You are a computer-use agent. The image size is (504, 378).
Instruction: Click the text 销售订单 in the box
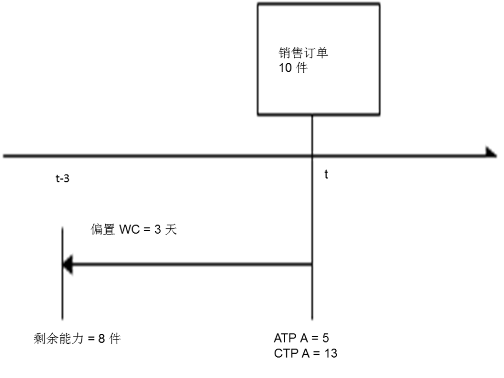[x=303, y=53]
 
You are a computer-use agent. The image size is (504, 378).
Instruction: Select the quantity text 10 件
[x=293, y=68]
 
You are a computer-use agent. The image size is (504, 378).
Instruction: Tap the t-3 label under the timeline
[x=62, y=178]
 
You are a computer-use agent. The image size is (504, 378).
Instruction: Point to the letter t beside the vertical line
[x=326, y=174]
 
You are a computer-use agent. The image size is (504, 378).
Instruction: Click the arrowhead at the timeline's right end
[x=491, y=153]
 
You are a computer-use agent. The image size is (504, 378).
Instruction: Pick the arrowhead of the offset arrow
[x=67, y=265]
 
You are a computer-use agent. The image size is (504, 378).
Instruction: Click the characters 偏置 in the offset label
[x=103, y=229]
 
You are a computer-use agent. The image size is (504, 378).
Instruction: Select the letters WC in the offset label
[x=129, y=230]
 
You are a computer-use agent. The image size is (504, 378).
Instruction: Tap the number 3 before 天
[x=158, y=230]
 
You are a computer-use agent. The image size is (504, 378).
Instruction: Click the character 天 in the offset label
[x=171, y=229]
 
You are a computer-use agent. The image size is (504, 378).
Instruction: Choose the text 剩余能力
[x=59, y=338]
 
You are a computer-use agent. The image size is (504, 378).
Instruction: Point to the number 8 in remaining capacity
[x=102, y=339]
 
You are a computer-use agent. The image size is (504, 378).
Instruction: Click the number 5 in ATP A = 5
[x=326, y=338]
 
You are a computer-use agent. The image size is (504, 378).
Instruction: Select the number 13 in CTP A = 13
[x=330, y=353]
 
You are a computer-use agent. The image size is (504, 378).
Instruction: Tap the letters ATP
[x=285, y=338]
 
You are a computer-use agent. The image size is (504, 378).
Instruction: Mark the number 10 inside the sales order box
[x=285, y=68]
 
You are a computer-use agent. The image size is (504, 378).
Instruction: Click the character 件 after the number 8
[x=115, y=338]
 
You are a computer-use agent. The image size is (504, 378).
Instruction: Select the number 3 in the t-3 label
[x=66, y=179]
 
